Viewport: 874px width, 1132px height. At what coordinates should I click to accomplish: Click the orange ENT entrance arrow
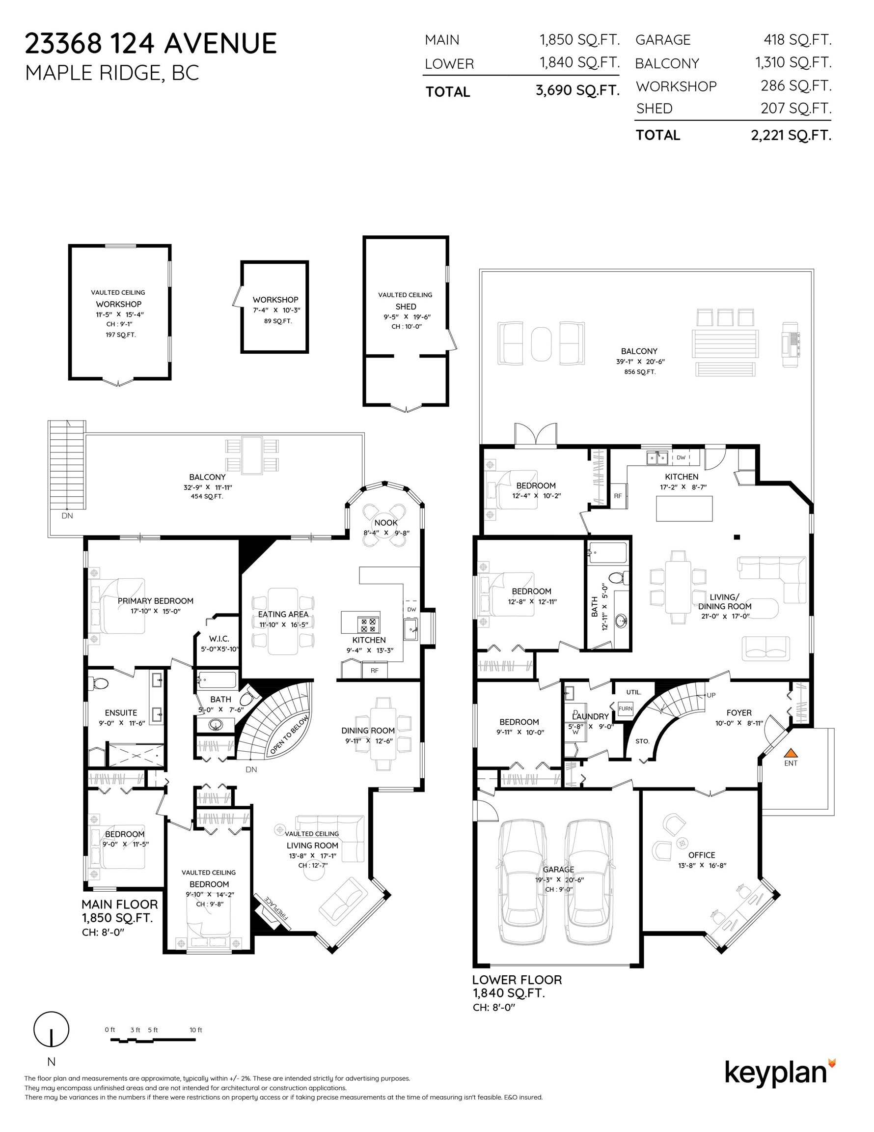click(x=790, y=753)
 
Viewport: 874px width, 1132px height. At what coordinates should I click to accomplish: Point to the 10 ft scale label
click(x=196, y=1030)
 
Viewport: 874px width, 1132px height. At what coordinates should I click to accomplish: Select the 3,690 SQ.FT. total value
click(x=577, y=91)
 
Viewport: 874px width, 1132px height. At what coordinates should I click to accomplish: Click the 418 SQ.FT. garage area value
click(x=797, y=40)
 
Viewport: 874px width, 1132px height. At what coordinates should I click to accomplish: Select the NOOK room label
click(x=386, y=522)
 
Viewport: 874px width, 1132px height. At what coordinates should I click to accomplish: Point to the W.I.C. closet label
click(x=219, y=639)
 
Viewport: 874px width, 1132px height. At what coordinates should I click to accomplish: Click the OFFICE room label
click(x=702, y=855)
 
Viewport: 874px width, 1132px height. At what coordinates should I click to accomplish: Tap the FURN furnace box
click(x=626, y=708)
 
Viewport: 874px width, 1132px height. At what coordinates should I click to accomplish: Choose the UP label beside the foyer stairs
click(x=711, y=695)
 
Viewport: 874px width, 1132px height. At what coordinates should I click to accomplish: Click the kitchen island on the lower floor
click(x=684, y=509)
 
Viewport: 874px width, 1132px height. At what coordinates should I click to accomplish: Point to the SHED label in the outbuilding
click(x=406, y=306)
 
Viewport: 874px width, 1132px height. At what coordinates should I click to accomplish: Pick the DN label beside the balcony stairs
click(x=67, y=516)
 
